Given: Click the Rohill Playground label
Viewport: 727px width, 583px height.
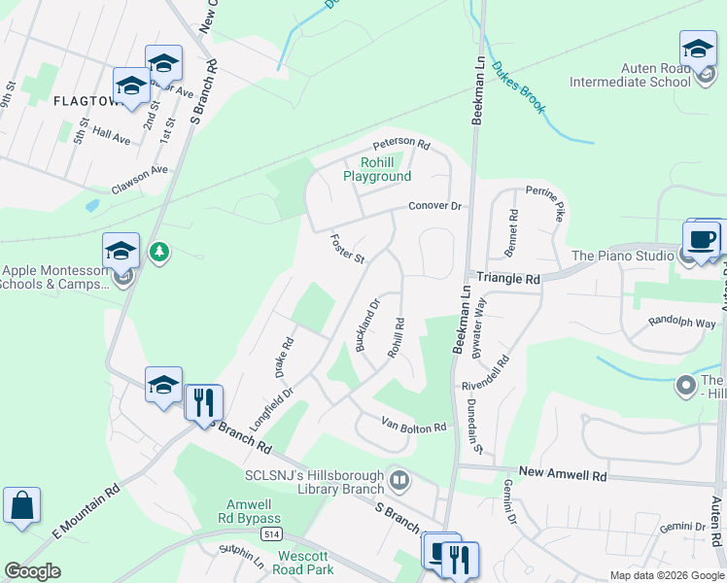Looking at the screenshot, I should [376, 169].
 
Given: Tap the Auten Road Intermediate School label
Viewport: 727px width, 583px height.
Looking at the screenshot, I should [670, 75].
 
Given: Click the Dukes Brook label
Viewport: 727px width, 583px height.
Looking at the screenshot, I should [518, 88].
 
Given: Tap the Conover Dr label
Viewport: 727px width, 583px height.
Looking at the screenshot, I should [433, 206].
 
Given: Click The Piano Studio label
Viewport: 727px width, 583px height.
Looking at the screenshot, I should [623, 256].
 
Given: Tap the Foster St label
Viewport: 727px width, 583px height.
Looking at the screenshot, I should [346, 249].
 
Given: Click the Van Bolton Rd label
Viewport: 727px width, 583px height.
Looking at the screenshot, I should [413, 427].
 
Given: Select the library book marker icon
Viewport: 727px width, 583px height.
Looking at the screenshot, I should [398, 479].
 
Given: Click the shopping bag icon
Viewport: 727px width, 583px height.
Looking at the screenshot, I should [21, 506].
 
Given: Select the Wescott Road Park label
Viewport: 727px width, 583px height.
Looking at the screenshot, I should [305, 563].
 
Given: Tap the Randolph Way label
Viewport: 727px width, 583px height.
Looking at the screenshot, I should [681, 323].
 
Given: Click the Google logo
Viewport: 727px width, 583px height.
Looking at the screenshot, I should [32, 571].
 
